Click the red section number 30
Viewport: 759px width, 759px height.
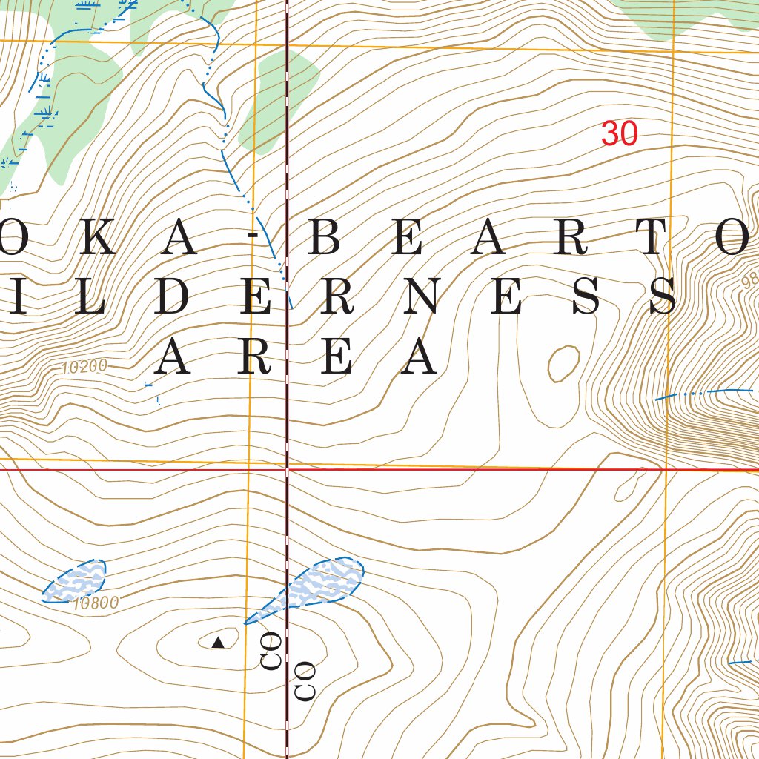click(619, 133)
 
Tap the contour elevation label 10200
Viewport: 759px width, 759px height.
click(84, 366)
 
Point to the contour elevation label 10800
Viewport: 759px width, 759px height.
click(96, 603)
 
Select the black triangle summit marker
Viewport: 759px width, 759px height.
click(218, 643)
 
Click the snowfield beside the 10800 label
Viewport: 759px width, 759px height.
click(75, 580)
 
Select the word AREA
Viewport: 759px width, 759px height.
click(295, 357)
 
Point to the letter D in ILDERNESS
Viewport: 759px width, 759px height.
click(173, 296)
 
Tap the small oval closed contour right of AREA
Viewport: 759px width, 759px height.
click(564, 363)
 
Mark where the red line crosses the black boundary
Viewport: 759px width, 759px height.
click(287, 469)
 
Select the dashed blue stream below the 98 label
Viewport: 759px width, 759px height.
click(704, 393)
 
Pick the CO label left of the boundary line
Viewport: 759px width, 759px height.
click(271, 652)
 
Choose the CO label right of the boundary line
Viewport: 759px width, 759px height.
click(305, 680)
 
